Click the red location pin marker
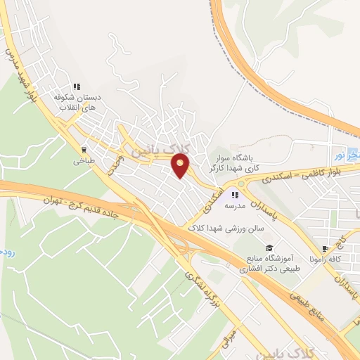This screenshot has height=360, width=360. pyautogui.click(x=181, y=167)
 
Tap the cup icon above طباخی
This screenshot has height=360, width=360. pyautogui.click(x=84, y=148)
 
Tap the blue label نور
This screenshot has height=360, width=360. pyautogui.click(x=338, y=153)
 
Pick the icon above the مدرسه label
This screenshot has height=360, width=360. pyautogui.click(x=234, y=195)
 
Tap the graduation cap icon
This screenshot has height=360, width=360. pyautogui.click(x=269, y=248)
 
